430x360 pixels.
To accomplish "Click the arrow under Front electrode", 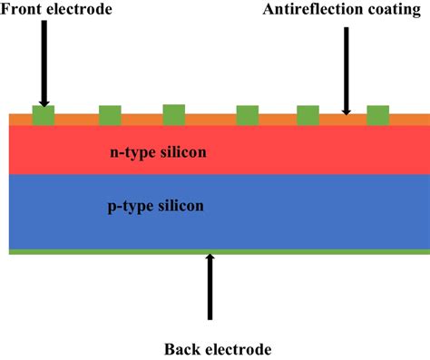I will (44, 63).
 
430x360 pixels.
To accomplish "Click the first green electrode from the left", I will (43, 116).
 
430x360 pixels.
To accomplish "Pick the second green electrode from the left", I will (110, 115).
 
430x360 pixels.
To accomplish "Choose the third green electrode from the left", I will (174, 114).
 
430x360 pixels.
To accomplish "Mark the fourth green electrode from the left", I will (248, 115).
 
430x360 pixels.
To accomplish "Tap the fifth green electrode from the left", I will (308, 115).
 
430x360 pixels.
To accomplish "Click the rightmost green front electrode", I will (378, 115).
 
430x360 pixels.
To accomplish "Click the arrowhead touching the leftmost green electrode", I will (44, 102).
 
